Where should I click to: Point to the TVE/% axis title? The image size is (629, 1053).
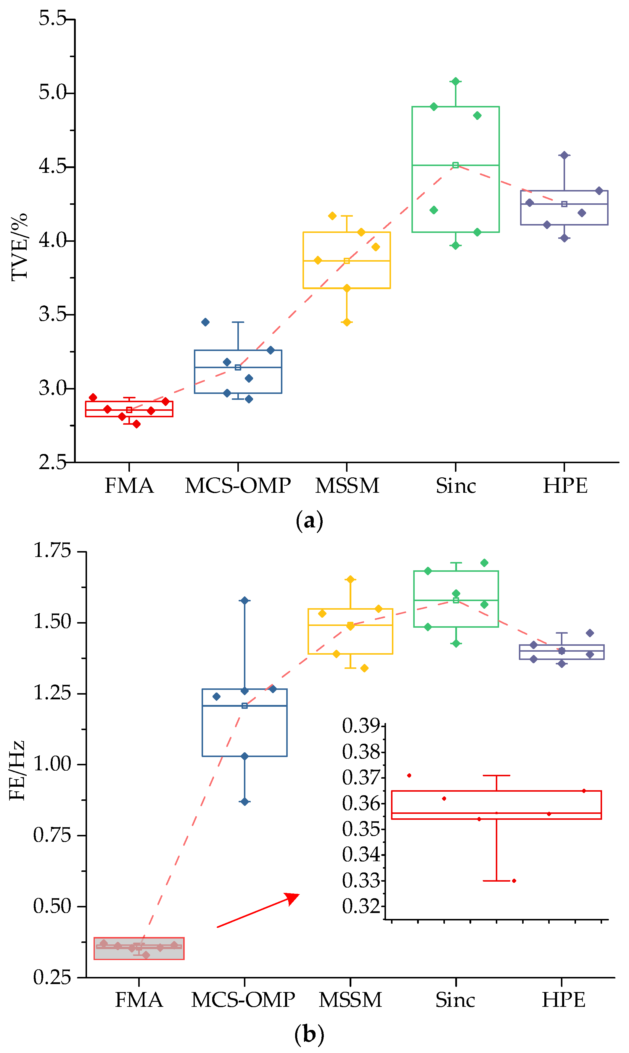[19, 247]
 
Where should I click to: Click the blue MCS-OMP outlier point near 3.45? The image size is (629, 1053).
[205, 322]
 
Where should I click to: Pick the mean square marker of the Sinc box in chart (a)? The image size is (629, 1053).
[455, 165]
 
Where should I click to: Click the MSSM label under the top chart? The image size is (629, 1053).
[347, 486]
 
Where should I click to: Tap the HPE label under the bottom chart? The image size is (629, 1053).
[563, 1000]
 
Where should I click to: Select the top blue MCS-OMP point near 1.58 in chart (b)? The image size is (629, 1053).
[244, 600]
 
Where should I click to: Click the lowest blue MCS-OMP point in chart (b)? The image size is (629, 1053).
[244, 802]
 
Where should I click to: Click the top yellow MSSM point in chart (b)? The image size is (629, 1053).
[350, 579]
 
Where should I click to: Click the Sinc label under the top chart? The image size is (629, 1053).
[456, 486]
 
